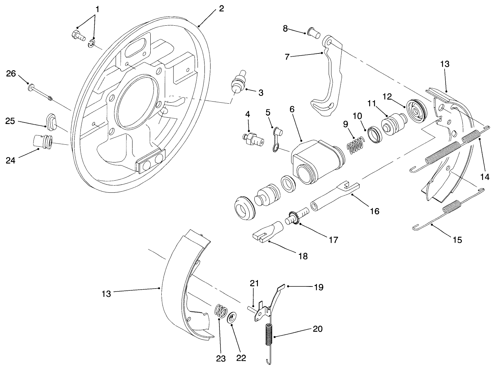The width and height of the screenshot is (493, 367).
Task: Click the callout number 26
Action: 11,73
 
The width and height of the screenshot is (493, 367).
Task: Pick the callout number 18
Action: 303,256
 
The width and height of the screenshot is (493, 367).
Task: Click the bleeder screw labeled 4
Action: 253,139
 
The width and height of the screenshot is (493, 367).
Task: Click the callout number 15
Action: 457,240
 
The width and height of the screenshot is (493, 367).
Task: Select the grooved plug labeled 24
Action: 43,140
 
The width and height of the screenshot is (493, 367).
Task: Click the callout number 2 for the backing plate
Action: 221,9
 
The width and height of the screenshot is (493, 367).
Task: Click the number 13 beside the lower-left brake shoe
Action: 106,294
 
